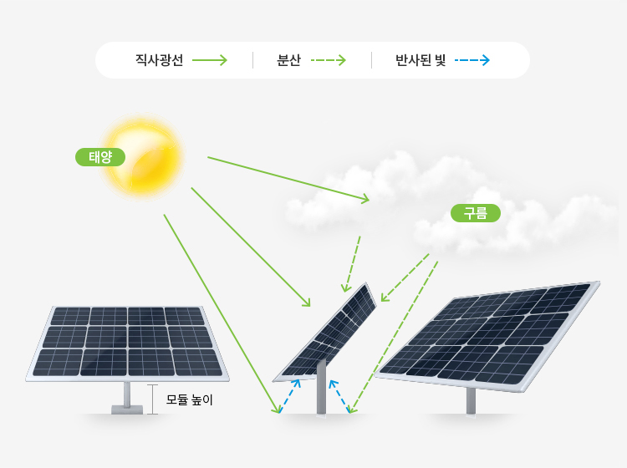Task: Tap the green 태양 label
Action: tap(100, 156)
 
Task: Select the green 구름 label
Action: tap(475, 213)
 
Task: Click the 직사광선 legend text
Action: tap(159, 60)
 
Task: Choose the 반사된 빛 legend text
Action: tap(421, 60)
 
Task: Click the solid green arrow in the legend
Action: tap(210, 60)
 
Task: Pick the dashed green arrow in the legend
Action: tap(328, 60)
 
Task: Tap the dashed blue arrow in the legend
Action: tap(473, 60)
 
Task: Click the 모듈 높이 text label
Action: tap(190, 399)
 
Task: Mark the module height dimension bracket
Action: tap(152, 399)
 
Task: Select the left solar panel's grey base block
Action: tap(127, 409)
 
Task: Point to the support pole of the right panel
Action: tap(472, 399)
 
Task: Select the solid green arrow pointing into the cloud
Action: tap(288, 178)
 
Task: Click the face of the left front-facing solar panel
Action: tap(127, 341)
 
